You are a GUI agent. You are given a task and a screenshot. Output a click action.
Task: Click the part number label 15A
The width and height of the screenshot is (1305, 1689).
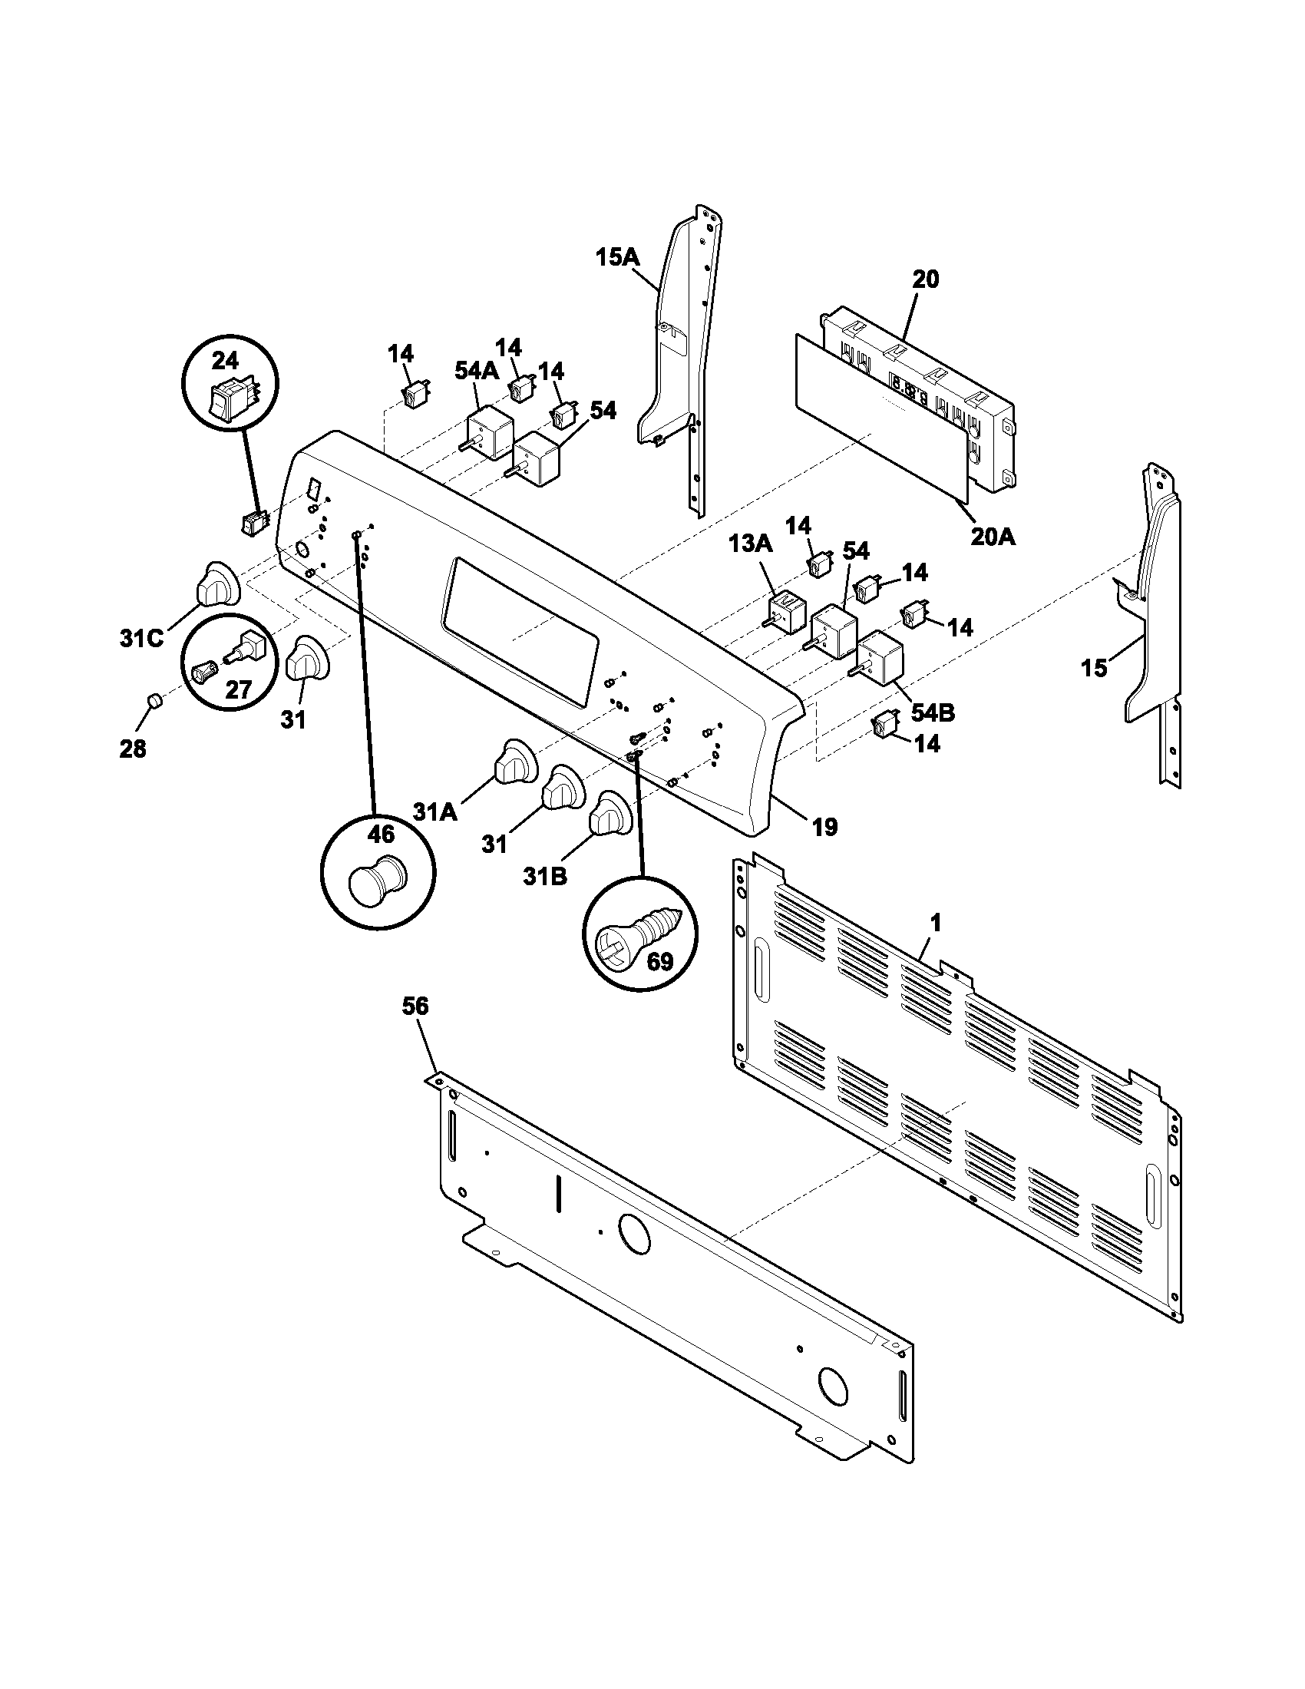coord(617,256)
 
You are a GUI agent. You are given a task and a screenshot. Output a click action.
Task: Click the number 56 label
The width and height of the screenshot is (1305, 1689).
coord(415,1006)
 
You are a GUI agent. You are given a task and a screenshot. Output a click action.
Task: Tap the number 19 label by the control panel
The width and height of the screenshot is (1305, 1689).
coord(825,828)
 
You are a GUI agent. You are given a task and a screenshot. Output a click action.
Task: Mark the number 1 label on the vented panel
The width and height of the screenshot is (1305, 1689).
coord(936,923)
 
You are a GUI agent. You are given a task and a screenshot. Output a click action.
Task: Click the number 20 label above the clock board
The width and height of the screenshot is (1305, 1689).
coord(926,279)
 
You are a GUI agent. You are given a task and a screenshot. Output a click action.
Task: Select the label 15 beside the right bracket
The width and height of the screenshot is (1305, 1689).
coord(1094,667)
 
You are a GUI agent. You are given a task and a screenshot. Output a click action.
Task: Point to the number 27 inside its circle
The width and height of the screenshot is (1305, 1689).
coord(238,689)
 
